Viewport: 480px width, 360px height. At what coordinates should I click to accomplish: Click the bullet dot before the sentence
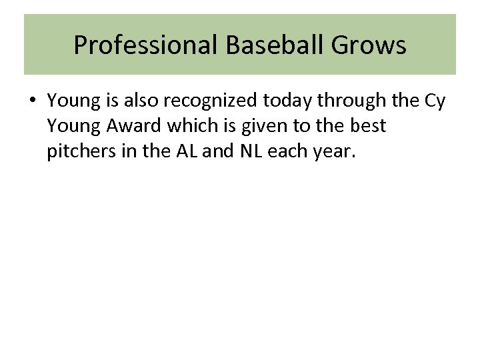tap(32, 101)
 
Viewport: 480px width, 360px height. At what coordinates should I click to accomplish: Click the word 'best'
tap(369, 126)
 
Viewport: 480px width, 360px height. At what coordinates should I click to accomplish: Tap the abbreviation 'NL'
tap(246, 151)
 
